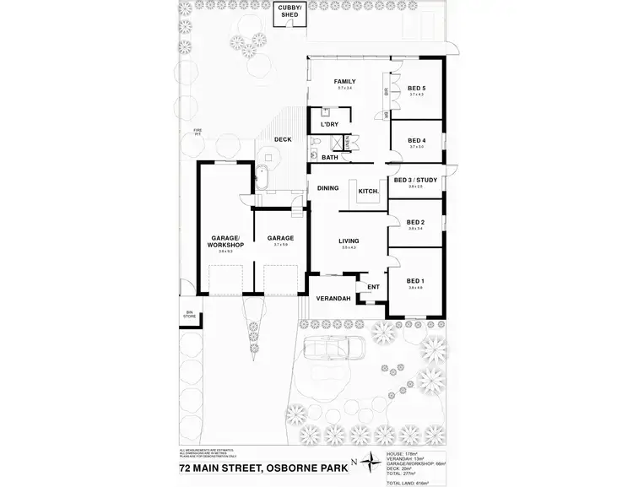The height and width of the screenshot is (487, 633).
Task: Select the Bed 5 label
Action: (x=416, y=89)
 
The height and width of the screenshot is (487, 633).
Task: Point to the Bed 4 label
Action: (x=416, y=140)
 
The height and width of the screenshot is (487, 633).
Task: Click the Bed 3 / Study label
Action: (x=415, y=180)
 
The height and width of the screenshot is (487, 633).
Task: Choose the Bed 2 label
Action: (x=415, y=221)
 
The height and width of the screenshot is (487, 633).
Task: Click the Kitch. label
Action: (x=368, y=191)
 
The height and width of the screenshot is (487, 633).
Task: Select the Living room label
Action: (x=349, y=241)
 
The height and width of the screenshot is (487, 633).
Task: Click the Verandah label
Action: (x=333, y=299)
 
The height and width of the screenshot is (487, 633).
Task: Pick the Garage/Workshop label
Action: (x=225, y=241)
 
